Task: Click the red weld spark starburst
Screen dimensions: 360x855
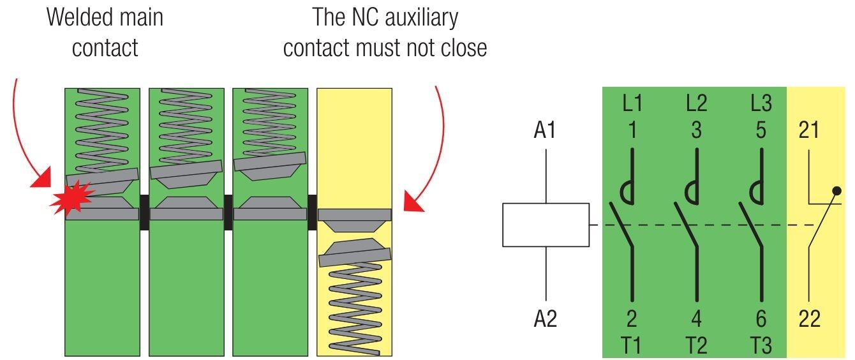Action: [x=71, y=198]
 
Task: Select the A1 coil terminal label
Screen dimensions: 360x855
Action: [x=545, y=130]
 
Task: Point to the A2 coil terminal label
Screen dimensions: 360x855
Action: [x=545, y=318]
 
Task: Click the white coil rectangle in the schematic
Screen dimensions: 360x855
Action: [x=546, y=225]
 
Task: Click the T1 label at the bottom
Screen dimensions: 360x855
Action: [x=632, y=345]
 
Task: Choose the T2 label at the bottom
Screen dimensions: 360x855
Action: [x=696, y=345]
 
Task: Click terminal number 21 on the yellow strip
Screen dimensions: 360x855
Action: [x=809, y=130]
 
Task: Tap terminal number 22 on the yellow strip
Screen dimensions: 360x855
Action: [x=809, y=318]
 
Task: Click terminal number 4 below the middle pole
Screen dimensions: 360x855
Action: [x=696, y=318]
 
